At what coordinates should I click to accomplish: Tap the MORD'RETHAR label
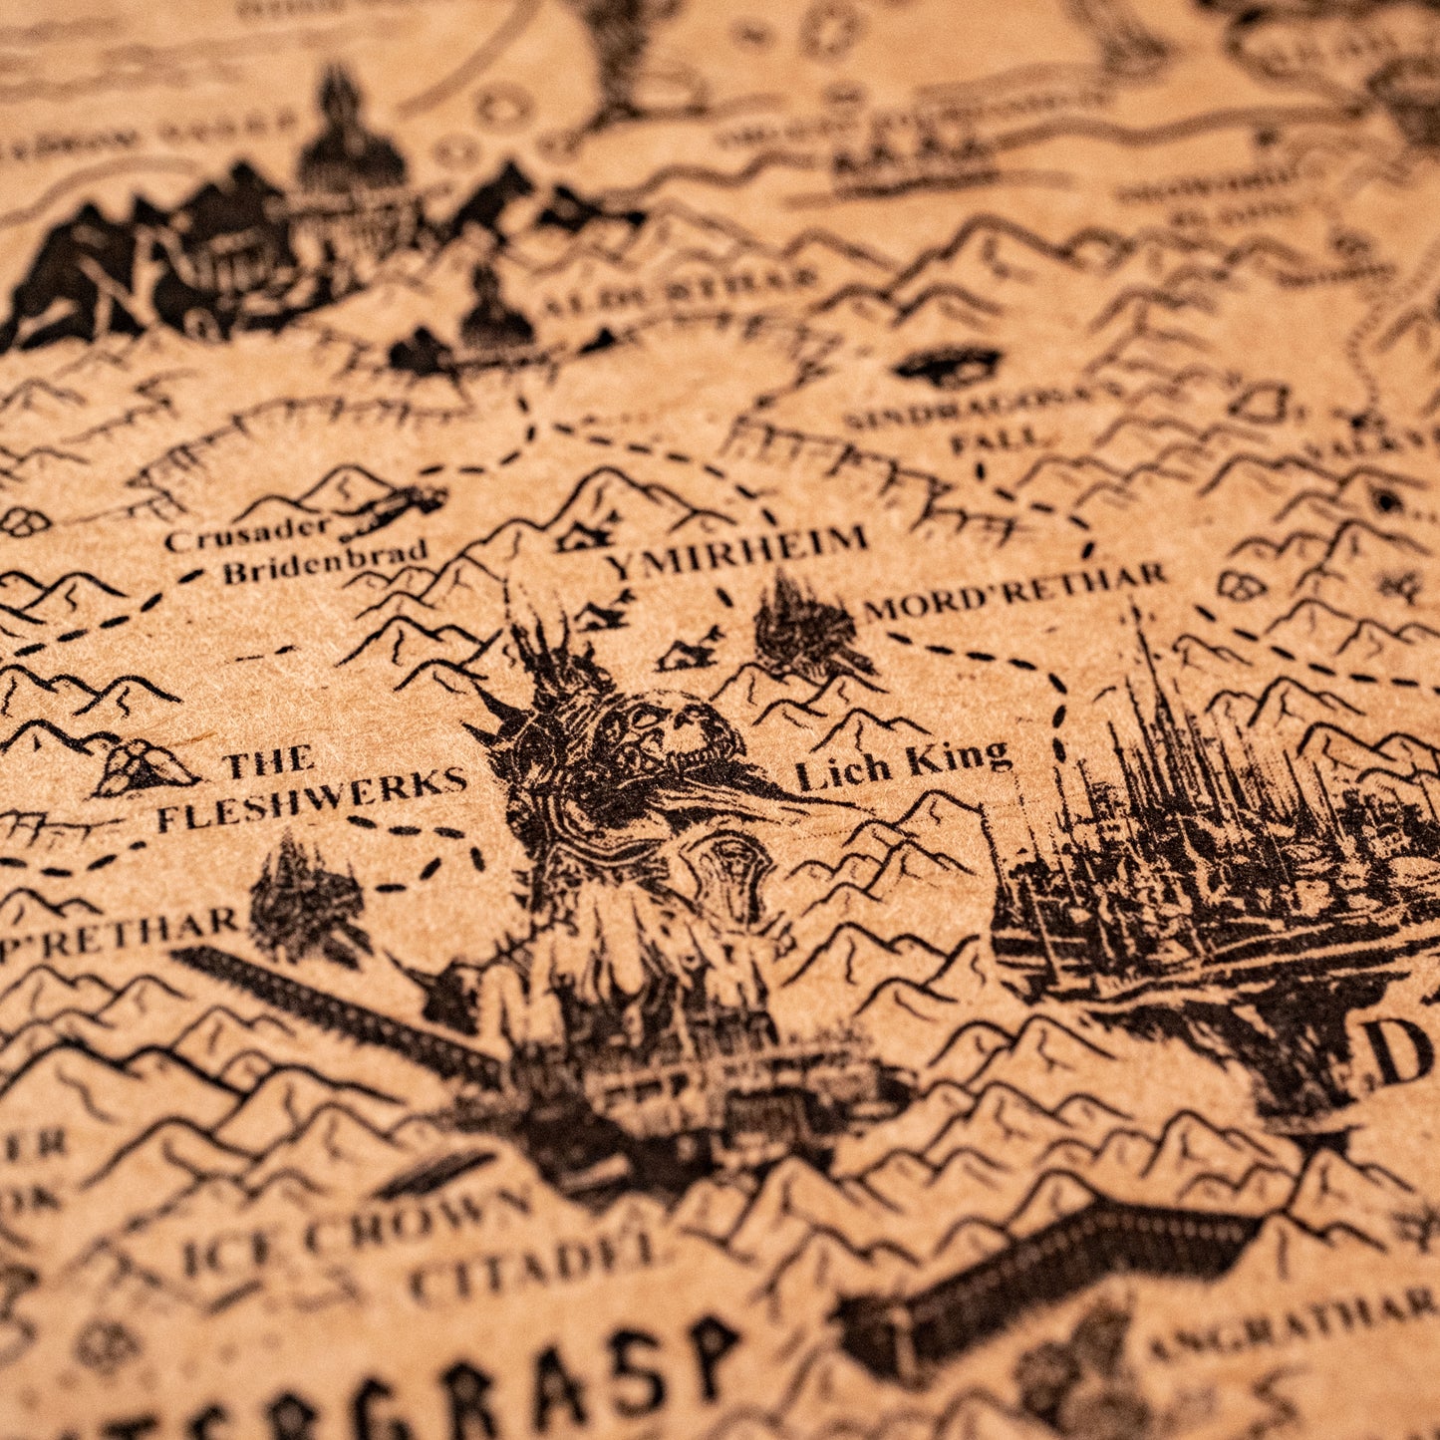point(1013,591)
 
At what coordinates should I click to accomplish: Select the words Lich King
point(903,765)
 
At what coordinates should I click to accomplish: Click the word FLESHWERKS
point(311,799)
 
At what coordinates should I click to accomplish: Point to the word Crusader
point(247,535)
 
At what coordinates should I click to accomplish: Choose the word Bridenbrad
point(325,563)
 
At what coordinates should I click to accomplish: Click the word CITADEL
point(533,1265)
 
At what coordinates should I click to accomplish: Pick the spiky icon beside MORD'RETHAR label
point(803,629)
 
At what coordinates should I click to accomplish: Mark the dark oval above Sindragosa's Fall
point(946,365)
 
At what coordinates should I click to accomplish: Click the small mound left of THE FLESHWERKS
point(145,768)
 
